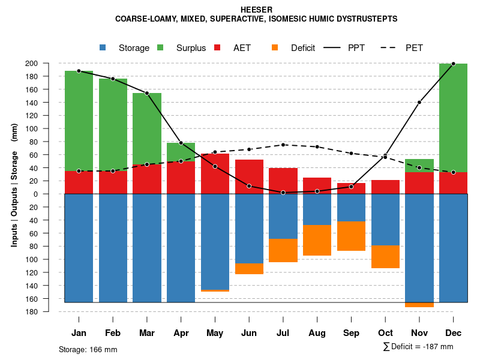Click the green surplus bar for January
pyautogui.click(x=79, y=121)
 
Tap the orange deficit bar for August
pyautogui.click(x=317, y=240)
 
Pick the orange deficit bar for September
pyautogui.click(x=351, y=236)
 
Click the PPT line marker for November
pyautogui.click(x=419, y=102)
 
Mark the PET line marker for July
pyautogui.click(x=283, y=145)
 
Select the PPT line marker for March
pyautogui.click(x=147, y=93)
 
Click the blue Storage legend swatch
pyautogui.click(x=103, y=47)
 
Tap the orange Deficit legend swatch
pyautogui.click(x=275, y=47)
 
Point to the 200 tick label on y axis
pyautogui.click(x=48, y=64)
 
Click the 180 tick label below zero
pyautogui.click(x=48, y=312)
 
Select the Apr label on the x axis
pyautogui.click(x=181, y=333)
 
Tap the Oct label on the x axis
pyautogui.click(x=385, y=333)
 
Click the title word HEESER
pyautogui.click(x=256, y=10)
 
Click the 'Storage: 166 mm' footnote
pyautogui.click(x=88, y=349)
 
